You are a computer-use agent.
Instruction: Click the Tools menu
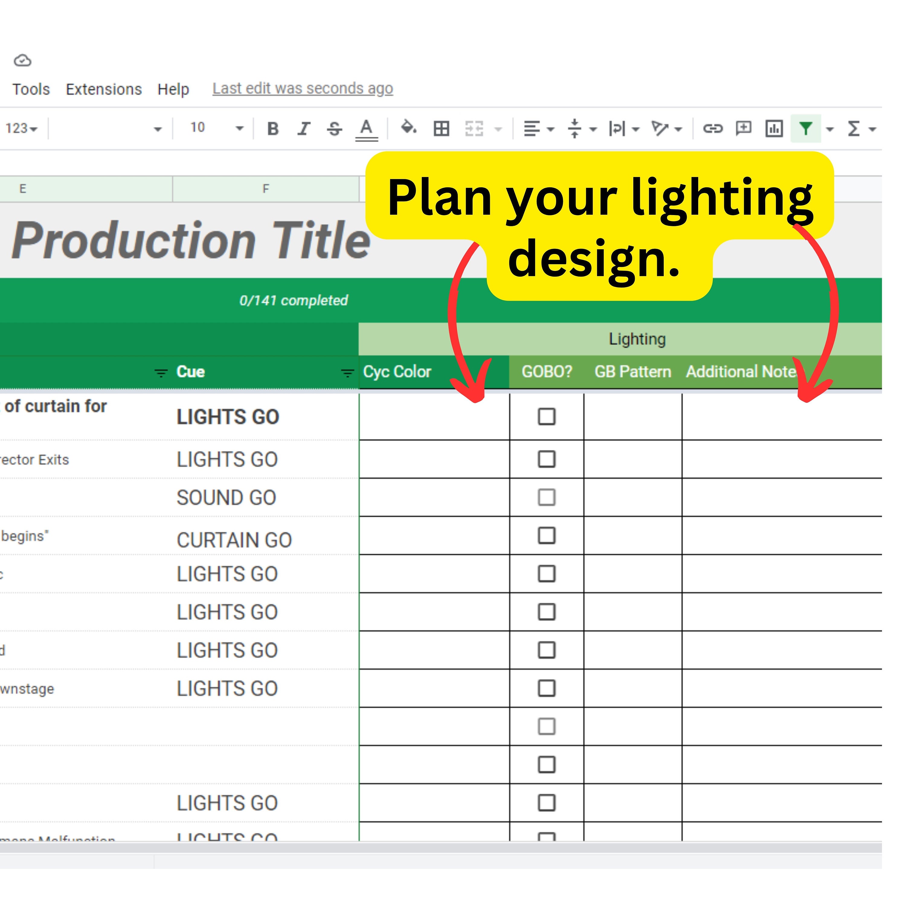click(31, 89)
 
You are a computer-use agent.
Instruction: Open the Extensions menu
click(104, 89)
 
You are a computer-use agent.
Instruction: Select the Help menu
click(173, 89)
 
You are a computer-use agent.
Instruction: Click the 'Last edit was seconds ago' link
click(303, 88)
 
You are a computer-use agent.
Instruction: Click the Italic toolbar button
click(304, 128)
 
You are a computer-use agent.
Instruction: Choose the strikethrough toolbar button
click(334, 128)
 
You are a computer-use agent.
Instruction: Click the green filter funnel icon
click(805, 128)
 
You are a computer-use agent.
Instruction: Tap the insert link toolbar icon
click(712, 128)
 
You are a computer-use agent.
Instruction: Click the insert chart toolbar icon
click(774, 128)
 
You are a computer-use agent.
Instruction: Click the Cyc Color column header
click(397, 371)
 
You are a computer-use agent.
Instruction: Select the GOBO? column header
click(547, 371)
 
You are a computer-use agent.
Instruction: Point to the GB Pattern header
click(633, 371)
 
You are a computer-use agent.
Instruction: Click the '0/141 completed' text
click(294, 300)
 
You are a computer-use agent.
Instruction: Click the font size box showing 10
click(198, 127)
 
